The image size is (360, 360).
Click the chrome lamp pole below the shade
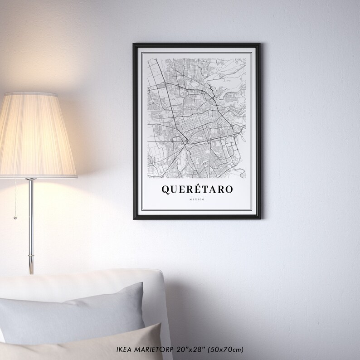pos(31,222)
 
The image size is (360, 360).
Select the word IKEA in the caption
pos(124,350)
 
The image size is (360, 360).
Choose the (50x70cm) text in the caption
pos(226,350)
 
